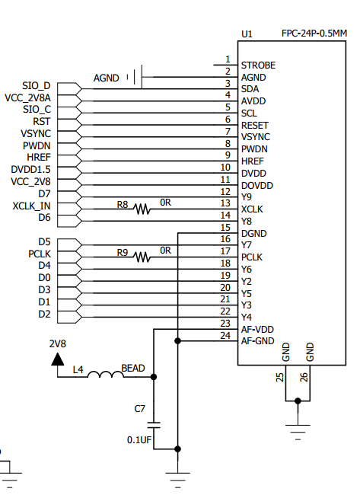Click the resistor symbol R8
(142, 209)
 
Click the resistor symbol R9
(142, 257)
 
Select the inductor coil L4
(105, 375)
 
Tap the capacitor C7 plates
(154, 425)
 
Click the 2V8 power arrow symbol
(57, 359)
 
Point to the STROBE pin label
(258, 65)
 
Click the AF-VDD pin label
(257, 329)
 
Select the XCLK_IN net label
(31, 206)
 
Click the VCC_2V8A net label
(27, 98)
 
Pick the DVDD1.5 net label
(30, 170)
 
